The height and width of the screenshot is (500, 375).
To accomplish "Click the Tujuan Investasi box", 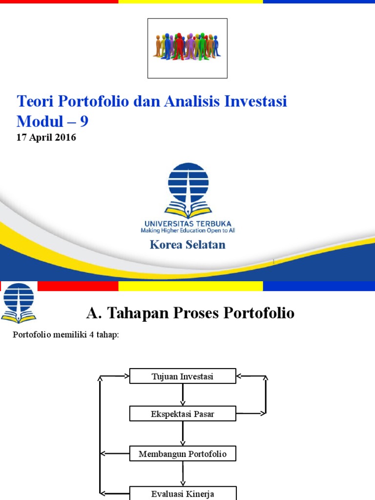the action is [183, 376].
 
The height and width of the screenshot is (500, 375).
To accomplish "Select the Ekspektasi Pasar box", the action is [183, 414].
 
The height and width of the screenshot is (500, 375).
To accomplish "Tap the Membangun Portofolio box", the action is [183, 454].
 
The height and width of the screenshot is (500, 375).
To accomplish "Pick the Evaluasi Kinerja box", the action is [183, 493].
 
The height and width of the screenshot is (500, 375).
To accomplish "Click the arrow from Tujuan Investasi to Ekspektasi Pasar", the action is [183, 395].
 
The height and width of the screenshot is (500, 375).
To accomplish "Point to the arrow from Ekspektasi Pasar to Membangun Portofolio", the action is [183, 434].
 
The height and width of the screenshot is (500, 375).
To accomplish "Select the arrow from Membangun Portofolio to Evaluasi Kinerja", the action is [183, 474].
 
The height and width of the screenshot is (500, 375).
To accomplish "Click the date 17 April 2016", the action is [46, 137].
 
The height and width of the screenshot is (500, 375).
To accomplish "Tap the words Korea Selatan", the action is [187, 245].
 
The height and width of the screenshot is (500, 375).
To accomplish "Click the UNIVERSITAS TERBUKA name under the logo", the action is [188, 224].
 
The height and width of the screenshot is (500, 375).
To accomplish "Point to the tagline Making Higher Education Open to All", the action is [188, 230].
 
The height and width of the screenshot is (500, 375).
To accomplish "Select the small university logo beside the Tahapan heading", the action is [19, 303].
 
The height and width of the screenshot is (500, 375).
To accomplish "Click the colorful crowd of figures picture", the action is [187, 46].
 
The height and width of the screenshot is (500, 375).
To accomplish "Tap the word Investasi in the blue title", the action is [255, 101].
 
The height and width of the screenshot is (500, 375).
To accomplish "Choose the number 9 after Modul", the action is [84, 121].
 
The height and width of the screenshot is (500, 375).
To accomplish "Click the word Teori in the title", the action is [35, 101].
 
